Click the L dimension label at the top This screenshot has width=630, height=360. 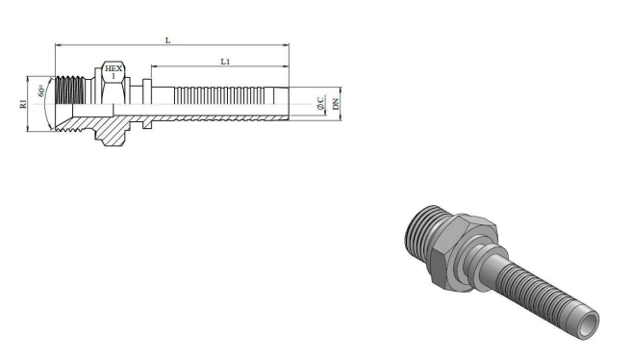(168, 40)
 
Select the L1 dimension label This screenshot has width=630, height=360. (225, 62)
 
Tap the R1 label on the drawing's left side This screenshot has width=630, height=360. (23, 104)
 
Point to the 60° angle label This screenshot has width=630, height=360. (41, 90)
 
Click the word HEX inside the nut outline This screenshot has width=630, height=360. (113, 68)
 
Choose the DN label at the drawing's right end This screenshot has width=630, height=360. (336, 104)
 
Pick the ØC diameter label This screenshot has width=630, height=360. (320, 103)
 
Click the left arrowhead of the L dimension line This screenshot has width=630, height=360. (58, 44)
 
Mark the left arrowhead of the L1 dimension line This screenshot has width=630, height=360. (154, 66)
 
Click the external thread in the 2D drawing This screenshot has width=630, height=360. (69, 90)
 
